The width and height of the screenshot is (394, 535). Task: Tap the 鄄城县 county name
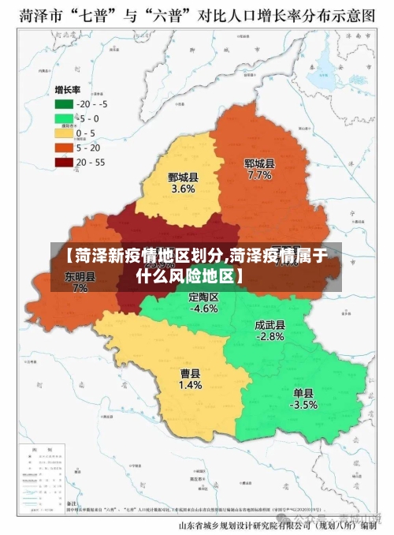[183, 177]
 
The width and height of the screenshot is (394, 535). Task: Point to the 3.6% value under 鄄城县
[183, 189]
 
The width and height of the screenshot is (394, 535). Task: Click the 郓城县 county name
[259, 163]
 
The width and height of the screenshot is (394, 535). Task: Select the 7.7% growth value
[259, 176]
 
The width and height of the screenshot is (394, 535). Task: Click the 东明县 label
[80, 276]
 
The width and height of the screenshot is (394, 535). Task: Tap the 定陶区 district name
[204, 297]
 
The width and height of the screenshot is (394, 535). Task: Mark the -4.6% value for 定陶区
[204, 309]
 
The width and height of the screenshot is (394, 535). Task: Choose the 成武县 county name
[269, 324]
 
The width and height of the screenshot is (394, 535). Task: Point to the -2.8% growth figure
[269, 336]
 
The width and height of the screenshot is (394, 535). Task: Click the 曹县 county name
[190, 373]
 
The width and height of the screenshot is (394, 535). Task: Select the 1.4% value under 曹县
[190, 386]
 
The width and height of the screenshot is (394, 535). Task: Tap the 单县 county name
[303, 392]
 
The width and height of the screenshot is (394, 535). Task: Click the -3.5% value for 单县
[303, 405]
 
